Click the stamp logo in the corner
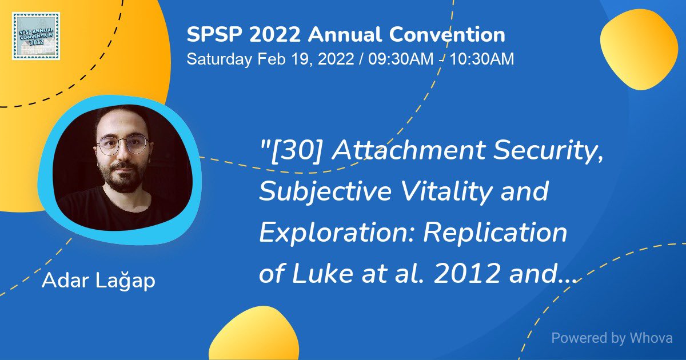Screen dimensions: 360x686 (35, 35)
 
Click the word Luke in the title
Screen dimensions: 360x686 (320, 274)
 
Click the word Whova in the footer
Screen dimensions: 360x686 (651, 338)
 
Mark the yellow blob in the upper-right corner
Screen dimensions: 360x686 (639, 49)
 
